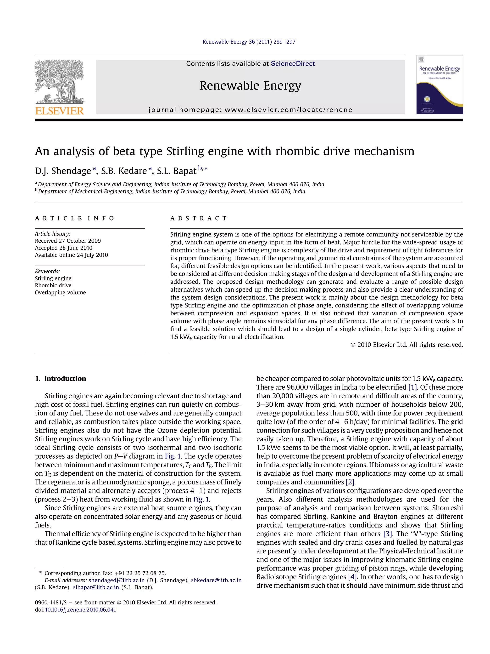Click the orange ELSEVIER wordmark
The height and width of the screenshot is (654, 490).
[x=59, y=111]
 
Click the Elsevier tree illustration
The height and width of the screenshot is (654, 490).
[x=59, y=81]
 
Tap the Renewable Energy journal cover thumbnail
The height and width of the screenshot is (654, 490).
[x=440, y=85]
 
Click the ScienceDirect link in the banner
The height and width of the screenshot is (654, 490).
[x=292, y=63]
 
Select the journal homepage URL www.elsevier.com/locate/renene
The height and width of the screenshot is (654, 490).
[x=288, y=110]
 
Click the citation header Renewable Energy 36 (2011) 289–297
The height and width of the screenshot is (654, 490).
[x=249, y=42]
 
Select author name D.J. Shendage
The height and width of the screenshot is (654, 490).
[x=63, y=171]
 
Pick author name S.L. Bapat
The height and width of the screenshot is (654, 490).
[x=176, y=171]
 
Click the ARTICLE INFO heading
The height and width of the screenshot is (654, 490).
[x=74, y=218]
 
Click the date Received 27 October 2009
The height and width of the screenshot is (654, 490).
[x=68, y=241]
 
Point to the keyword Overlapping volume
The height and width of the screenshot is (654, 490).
[x=60, y=292]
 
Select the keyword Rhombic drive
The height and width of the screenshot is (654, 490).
[x=53, y=285]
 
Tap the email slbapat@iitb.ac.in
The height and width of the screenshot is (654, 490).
[x=96, y=587]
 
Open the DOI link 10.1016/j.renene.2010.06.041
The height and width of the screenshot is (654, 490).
[x=80, y=609]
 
